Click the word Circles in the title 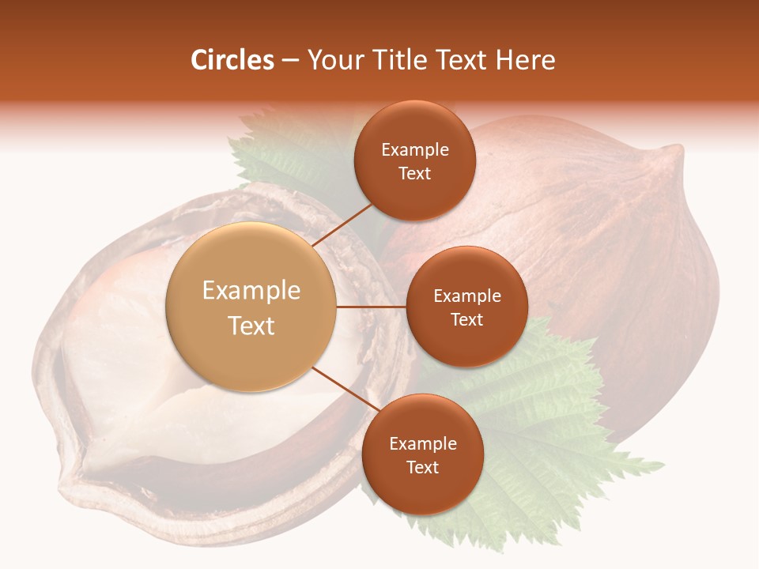point(232,60)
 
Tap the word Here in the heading point(525,60)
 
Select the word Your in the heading point(334,60)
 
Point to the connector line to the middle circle point(371,307)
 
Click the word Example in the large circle point(251,291)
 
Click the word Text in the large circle point(251,326)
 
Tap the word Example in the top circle point(414,150)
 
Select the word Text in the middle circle point(466,319)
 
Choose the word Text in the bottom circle point(422,467)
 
